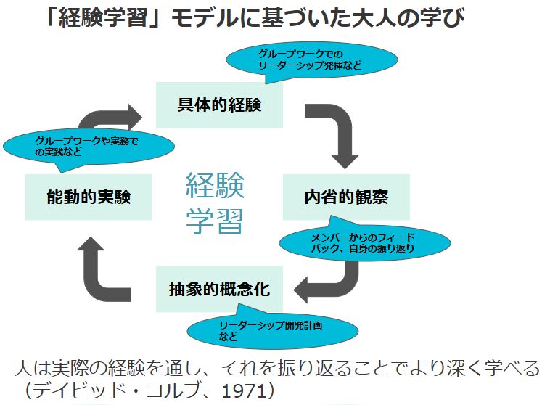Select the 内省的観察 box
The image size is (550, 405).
click(346, 197)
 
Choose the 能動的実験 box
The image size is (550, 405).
click(89, 197)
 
